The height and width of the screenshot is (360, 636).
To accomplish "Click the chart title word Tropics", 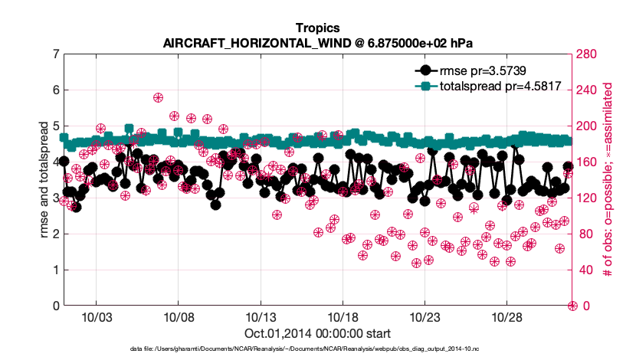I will [317, 28].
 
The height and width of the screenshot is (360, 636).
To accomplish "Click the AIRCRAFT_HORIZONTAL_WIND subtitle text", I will [317, 43].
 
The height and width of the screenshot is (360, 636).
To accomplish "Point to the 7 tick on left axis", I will [55, 54].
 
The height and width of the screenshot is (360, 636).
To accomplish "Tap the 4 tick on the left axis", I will [55, 162].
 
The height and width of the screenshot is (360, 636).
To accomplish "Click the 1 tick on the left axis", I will [55, 270].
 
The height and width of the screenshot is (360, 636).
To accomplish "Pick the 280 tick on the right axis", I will [588, 54].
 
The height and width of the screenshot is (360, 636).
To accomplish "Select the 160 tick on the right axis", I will [588, 162].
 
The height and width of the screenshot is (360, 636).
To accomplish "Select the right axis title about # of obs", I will [610, 180].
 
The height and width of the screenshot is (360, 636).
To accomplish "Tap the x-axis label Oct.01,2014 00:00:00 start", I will [317, 333].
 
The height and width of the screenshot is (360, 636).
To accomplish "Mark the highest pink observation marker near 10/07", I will [158, 97].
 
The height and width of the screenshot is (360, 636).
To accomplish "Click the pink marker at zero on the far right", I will [572, 306].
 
